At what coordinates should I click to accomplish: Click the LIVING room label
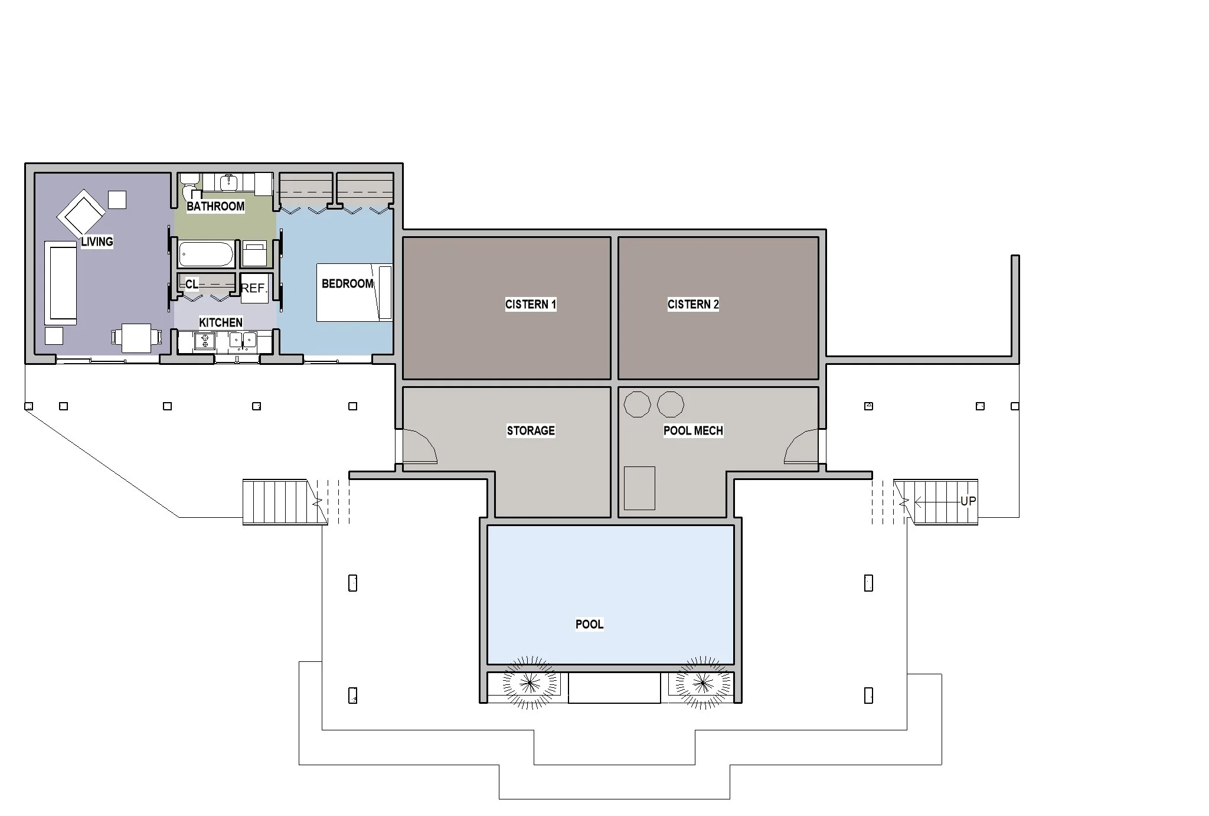(97, 241)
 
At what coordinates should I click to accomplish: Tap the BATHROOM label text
(215, 206)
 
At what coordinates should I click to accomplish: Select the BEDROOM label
(347, 284)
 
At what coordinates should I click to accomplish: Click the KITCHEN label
(221, 322)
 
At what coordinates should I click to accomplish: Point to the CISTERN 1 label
(530, 305)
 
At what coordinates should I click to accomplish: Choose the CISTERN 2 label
(693, 305)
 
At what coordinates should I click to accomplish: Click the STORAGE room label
(531, 430)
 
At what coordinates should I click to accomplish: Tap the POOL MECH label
(693, 430)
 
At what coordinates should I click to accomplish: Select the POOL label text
(589, 624)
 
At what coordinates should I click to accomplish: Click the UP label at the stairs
(968, 501)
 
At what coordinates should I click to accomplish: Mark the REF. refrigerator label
(254, 288)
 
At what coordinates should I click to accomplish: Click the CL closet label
(192, 285)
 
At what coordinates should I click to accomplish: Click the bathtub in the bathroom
(206, 254)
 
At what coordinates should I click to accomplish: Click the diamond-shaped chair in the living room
(81, 213)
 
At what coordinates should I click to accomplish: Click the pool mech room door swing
(802, 448)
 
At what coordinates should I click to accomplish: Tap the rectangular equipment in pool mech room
(639, 488)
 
